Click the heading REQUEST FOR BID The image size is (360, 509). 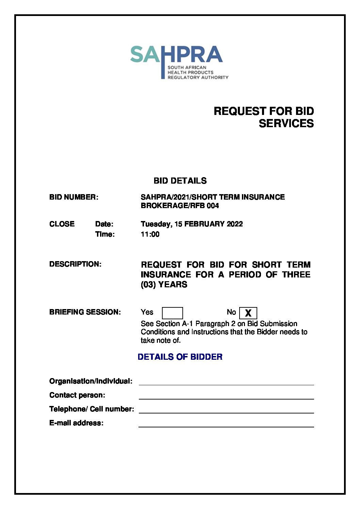click(x=263, y=111)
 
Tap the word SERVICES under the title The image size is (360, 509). click(x=286, y=123)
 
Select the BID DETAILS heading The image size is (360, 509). click(x=180, y=181)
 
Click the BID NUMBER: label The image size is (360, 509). click(x=73, y=197)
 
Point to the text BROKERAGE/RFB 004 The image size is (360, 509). click(x=180, y=206)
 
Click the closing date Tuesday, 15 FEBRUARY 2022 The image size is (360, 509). click(x=192, y=224)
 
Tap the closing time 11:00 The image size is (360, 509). click(x=150, y=234)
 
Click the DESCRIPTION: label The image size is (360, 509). click(x=75, y=264)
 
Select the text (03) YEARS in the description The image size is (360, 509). click(x=164, y=285)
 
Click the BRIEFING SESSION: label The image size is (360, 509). click(x=85, y=312)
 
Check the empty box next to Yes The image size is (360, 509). click(x=172, y=313)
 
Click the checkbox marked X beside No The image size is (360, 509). click(x=248, y=313)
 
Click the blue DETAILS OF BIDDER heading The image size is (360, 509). click(x=180, y=357)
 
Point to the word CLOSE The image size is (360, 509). click(x=62, y=224)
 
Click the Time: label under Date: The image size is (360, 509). click(x=105, y=234)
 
